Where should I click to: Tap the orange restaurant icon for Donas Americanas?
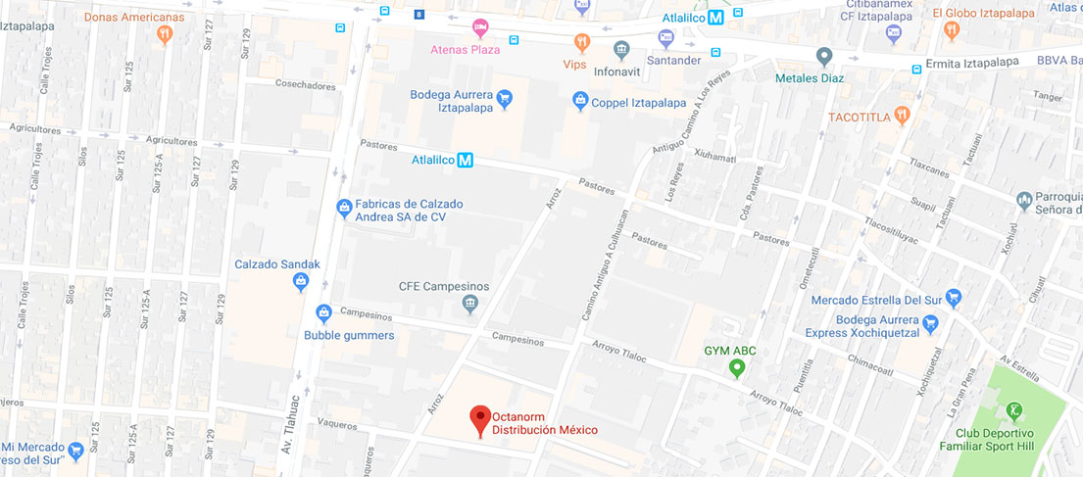pyautogui.click(x=165, y=34)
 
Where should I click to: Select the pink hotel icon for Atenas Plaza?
pyautogui.click(x=479, y=27)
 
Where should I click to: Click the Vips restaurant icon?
pyautogui.click(x=581, y=42)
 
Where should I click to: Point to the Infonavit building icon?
pyautogui.click(x=621, y=49)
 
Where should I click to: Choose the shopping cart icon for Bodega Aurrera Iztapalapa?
pyautogui.click(x=504, y=97)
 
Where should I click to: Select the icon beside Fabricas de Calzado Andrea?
pyautogui.click(x=344, y=207)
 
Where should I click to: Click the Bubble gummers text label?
pyautogui.click(x=349, y=335)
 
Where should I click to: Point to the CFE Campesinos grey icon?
pyautogui.click(x=470, y=306)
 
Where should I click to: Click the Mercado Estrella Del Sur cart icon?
pyautogui.click(x=954, y=297)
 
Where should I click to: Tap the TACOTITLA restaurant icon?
pyautogui.click(x=903, y=117)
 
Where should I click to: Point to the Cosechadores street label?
pyautogui.click(x=305, y=86)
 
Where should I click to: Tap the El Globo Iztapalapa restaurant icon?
pyautogui.click(x=951, y=31)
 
